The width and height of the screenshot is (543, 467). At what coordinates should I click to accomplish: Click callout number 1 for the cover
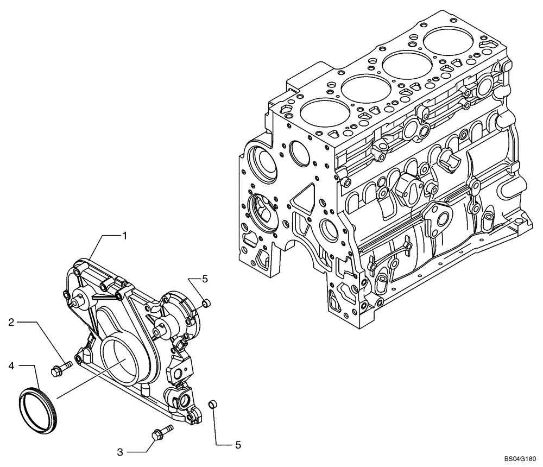[x=124, y=236]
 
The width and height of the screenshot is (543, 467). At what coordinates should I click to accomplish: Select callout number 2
[x=11, y=323]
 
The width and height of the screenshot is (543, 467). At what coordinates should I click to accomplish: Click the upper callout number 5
[x=205, y=279]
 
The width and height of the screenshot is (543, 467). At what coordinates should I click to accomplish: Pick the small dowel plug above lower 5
[x=213, y=403]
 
